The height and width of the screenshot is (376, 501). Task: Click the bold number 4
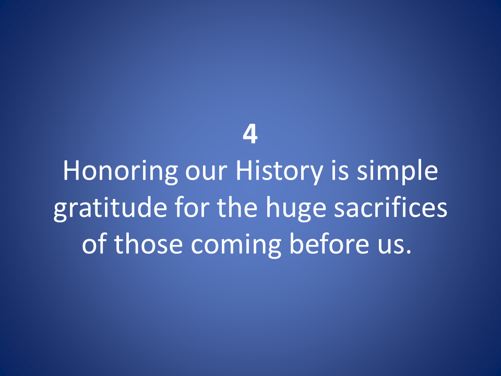tap(250, 134)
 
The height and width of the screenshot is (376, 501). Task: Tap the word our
tap(207, 173)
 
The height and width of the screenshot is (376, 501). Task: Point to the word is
tap(340, 171)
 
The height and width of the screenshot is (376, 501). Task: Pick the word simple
tap(397, 172)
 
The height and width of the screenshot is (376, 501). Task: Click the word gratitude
tap(110, 209)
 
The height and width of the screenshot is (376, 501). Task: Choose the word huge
tap(295, 209)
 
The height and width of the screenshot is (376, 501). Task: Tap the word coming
tap(236, 245)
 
